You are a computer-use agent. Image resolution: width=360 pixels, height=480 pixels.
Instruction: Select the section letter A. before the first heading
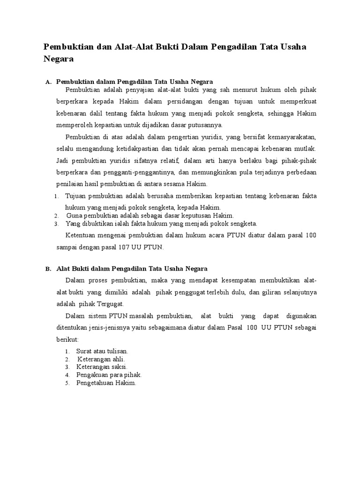48,82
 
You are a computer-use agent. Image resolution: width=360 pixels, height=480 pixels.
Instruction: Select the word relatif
165,161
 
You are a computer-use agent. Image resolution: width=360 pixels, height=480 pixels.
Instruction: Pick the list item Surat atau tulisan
102,351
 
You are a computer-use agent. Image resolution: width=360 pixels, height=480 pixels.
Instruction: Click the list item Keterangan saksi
102,367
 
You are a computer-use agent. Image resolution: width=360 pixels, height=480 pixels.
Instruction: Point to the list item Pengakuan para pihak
109,375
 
